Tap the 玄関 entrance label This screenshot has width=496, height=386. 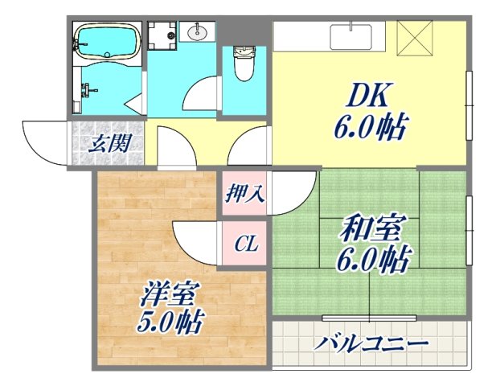pyautogui.click(x=105, y=146)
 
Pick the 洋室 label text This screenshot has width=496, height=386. pyautogui.click(x=168, y=295)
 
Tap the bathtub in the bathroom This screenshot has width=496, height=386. pyautogui.click(x=106, y=40)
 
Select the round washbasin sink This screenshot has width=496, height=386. pyautogui.click(x=198, y=33)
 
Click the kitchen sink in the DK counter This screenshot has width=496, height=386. pyautogui.click(x=352, y=37)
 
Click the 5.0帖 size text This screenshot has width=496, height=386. pyautogui.click(x=170, y=322)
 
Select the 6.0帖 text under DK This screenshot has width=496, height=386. pyautogui.click(x=370, y=127)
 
